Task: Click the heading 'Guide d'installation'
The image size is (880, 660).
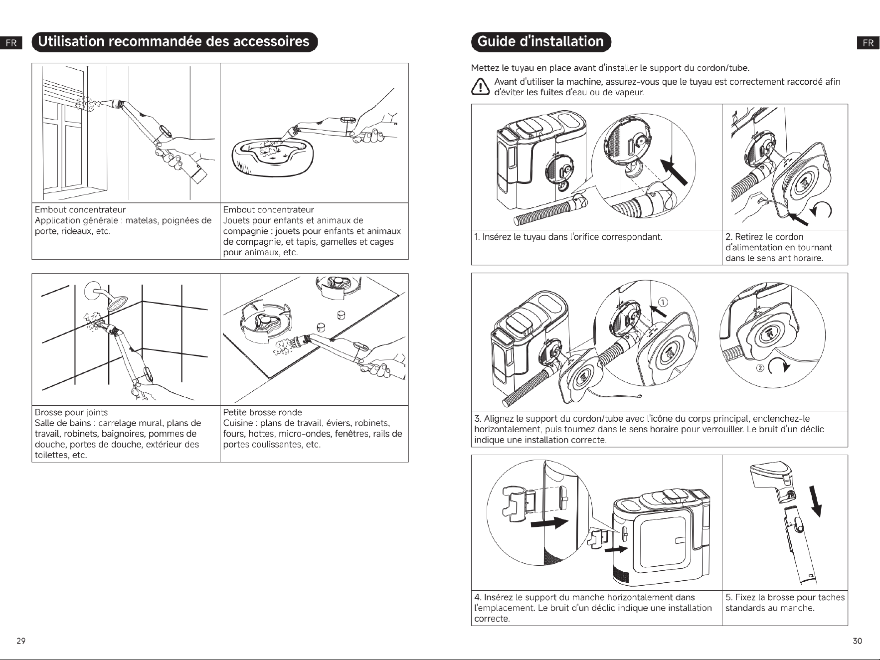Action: click(541, 41)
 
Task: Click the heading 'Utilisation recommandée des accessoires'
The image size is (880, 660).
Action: click(174, 41)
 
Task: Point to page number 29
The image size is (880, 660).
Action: click(21, 641)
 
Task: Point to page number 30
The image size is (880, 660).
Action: click(857, 641)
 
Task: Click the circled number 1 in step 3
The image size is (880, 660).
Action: click(663, 302)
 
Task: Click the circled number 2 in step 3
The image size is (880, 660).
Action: click(760, 368)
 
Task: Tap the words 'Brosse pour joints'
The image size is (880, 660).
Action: click(71, 412)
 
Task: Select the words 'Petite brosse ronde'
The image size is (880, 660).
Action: click(262, 412)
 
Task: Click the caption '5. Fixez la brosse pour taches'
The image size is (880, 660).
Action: click(785, 597)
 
